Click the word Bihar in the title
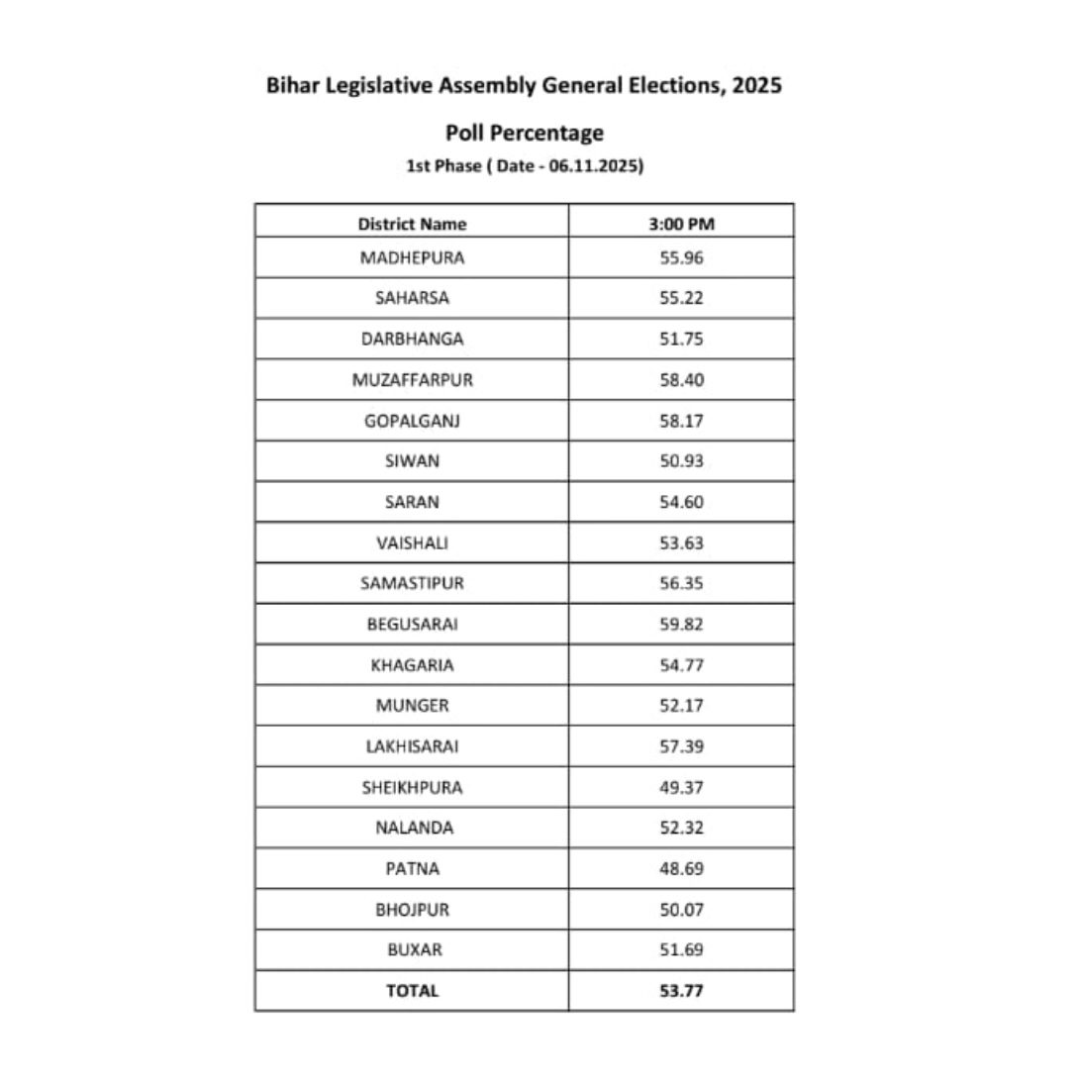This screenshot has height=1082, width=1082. pyautogui.click(x=288, y=85)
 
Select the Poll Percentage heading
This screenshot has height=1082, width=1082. pyautogui.click(x=524, y=133)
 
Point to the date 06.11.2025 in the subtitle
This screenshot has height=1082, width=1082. pyautogui.click(x=594, y=165)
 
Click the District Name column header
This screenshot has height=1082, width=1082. pyautogui.click(x=412, y=224)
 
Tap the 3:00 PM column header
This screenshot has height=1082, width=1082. pyautogui.click(x=681, y=224)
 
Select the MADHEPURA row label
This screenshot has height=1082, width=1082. pyautogui.click(x=412, y=257)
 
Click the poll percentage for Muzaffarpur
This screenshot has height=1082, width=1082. pyautogui.click(x=681, y=379)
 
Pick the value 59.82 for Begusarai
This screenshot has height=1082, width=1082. pyautogui.click(x=681, y=624)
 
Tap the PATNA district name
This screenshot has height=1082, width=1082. pyautogui.click(x=412, y=868)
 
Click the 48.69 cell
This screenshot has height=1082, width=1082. pyautogui.click(x=681, y=868)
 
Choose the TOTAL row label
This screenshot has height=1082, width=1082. pyautogui.click(x=412, y=990)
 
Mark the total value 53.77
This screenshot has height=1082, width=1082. pyautogui.click(x=681, y=990)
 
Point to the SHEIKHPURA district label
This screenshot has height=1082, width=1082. pyautogui.click(x=412, y=787)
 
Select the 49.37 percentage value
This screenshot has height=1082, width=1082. pyautogui.click(x=681, y=787)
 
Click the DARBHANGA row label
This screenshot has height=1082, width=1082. pyautogui.click(x=412, y=339)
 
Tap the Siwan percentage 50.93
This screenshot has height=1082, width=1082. pyautogui.click(x=681, y=460)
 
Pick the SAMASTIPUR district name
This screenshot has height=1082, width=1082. pyautogui.click(x=412, y=583)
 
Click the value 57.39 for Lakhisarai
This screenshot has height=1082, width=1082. pyautogui.click(x=681, y=746)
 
